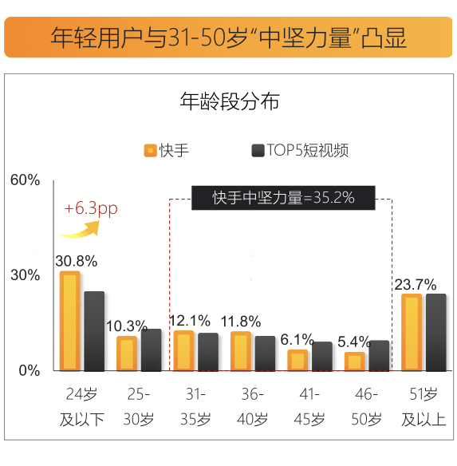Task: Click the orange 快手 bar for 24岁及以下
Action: pos(70,321)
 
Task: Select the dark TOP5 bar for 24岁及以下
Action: pos(94,330)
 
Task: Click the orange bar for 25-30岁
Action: pos(127,353)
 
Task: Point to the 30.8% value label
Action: pos(77,261)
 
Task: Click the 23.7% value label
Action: pos(416,284)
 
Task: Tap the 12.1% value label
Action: pos(191,320)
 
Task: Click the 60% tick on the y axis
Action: pos(25,180)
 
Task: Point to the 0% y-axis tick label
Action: pos(30,370)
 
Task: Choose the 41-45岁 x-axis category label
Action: pos(309,406)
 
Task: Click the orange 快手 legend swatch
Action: pos(149,150)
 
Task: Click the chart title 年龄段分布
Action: pos(229,102)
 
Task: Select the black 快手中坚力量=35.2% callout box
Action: pos(283,198)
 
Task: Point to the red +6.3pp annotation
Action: pos(92,208)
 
